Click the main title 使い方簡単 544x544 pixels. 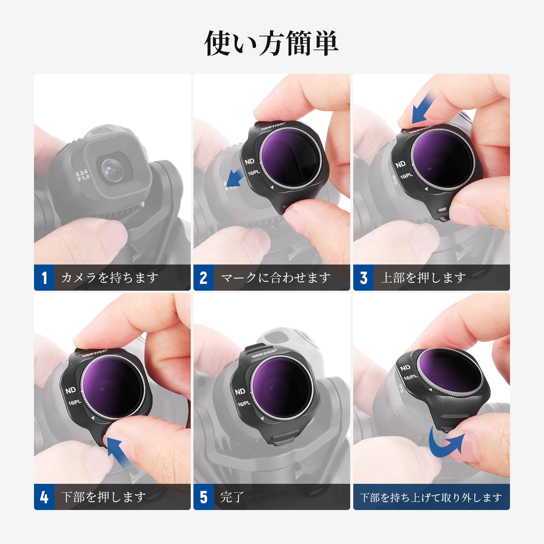(271, 43)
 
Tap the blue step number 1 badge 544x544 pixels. (44, 277)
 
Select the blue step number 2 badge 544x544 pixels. (204, 277)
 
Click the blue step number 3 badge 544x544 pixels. (363, 277)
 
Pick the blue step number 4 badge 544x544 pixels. (44, 497)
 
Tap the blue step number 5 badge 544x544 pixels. (204, 497)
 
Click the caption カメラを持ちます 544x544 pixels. (110, 278)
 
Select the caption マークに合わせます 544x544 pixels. (276, 278)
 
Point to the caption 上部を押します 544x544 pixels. (423, 278)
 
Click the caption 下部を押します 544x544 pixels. (103, 497)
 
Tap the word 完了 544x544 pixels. (232, 497)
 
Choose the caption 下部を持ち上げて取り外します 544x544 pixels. (431, 497)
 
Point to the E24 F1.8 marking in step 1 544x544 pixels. (83, 175)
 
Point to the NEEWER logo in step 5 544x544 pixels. (264, 354)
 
